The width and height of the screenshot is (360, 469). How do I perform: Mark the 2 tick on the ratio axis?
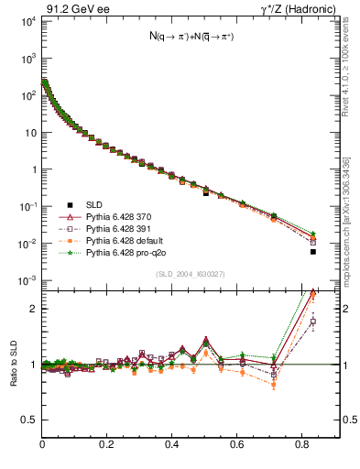tap(35, 309)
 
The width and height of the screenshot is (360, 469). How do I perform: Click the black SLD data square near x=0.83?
tap(313, 251)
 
